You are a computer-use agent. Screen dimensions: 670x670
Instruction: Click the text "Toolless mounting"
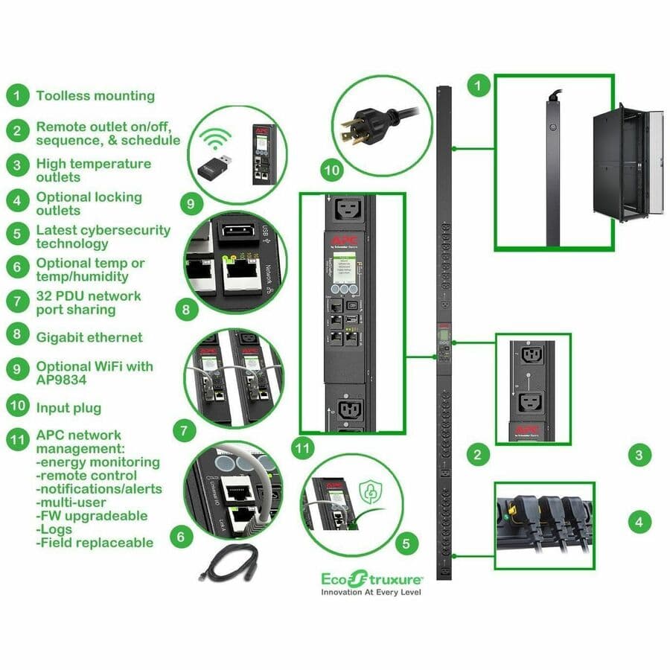click(x=95, y=96)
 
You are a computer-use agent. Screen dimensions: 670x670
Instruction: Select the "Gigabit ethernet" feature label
click(x=89, y=337)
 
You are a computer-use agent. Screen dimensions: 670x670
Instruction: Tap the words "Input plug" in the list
click(x=68, y=408)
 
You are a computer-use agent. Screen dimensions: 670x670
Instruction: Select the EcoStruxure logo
click(x=372, y=578)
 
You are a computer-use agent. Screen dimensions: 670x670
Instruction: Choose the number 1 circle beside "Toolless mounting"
click(x=17, y=96)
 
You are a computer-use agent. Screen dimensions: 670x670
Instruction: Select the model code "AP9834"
click(x=63, y=380)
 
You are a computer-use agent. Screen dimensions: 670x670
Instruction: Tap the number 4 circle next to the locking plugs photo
click(x=639, y=522)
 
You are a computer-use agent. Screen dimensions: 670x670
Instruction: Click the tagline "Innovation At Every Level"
click(x=371, y=593)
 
